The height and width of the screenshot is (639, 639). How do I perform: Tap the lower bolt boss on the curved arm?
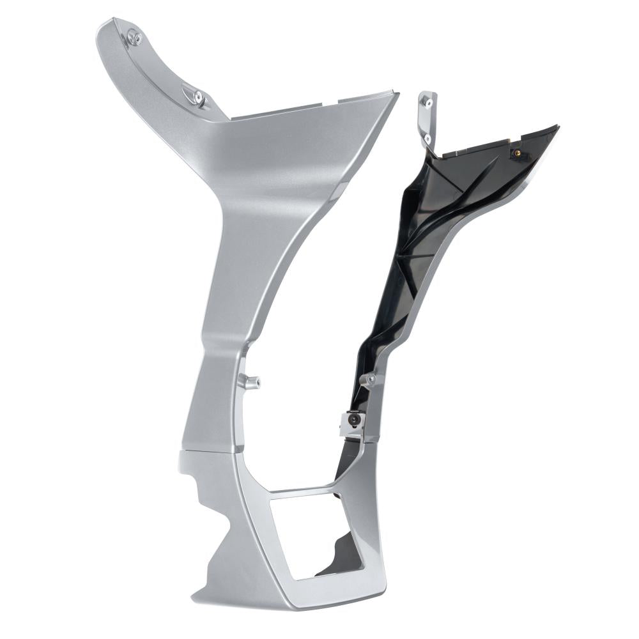pyautogui.click(x=197, y=96)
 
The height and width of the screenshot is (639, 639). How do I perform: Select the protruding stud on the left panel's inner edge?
pyautogui.click(x=251, y=382)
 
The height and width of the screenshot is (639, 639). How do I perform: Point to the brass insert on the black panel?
pyautogui.click(x=514, y=153)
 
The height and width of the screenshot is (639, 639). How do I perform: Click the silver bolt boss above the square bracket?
pyautogui.click(x=371, y=380)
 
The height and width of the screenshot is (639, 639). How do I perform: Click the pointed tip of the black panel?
pyautogui.click(x=557, y=128)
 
